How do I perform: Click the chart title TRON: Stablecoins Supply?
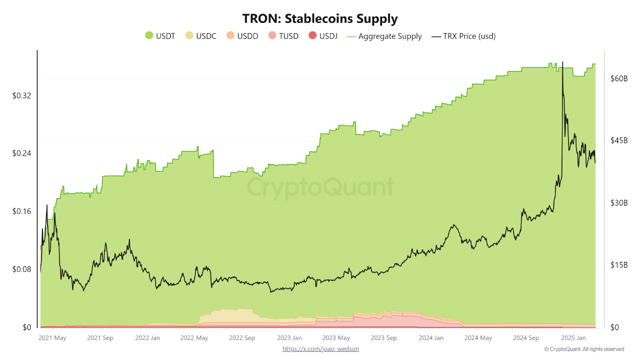tap(320, 19)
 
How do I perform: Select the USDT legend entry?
tap(160, 36)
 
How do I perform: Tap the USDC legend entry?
tap(201, 36)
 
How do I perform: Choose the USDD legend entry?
tap(242, 36)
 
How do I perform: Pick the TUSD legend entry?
tap(283, 36)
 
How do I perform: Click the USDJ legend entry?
tap(323, 36)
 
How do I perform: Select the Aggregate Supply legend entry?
tap(384, 36)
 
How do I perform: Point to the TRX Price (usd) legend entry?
tap(463, 36)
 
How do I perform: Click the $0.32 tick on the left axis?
tap(22, 95)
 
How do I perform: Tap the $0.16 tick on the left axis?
tap(22, 211)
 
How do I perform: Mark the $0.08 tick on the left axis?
tap(22, 269)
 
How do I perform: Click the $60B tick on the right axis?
tap(618, 78)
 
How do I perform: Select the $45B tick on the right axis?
tap(618, 140)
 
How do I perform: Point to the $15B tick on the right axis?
tap(618, 265)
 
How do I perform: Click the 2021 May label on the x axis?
tap(52, 338)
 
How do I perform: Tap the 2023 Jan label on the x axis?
tap(289, 338)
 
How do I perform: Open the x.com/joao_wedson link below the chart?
tap(320, 349)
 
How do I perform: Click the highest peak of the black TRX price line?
tap(562, 62)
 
